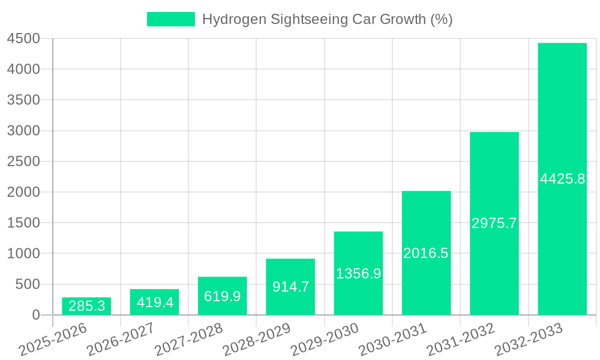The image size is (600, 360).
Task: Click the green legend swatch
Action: (171, 19)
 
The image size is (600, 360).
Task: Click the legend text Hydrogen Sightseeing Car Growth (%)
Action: (327, 19)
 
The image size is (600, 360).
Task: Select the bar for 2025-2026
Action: (86, 306)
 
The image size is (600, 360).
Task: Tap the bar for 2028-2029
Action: (290, 287)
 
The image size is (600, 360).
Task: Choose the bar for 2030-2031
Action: (426, 253)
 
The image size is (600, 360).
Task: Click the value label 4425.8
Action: (562, 179)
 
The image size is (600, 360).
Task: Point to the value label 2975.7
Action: (494, 223)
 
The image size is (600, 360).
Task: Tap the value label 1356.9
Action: (358, 274)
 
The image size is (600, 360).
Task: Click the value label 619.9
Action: (222, 296)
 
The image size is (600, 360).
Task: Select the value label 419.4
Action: (155, 302)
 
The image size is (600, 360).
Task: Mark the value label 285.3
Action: (86, 306)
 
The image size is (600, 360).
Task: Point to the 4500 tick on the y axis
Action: (23, 39)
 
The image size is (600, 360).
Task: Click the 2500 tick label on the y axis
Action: (23, 161)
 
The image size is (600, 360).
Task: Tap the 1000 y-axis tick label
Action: (23, 254)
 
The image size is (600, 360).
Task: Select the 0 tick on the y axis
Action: (35, 315)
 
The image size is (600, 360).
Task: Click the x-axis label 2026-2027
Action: (120, 339)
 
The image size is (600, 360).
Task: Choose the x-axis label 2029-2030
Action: (324, 339)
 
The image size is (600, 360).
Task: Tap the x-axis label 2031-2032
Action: (460, 339)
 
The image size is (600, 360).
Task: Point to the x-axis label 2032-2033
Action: (528, 339)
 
